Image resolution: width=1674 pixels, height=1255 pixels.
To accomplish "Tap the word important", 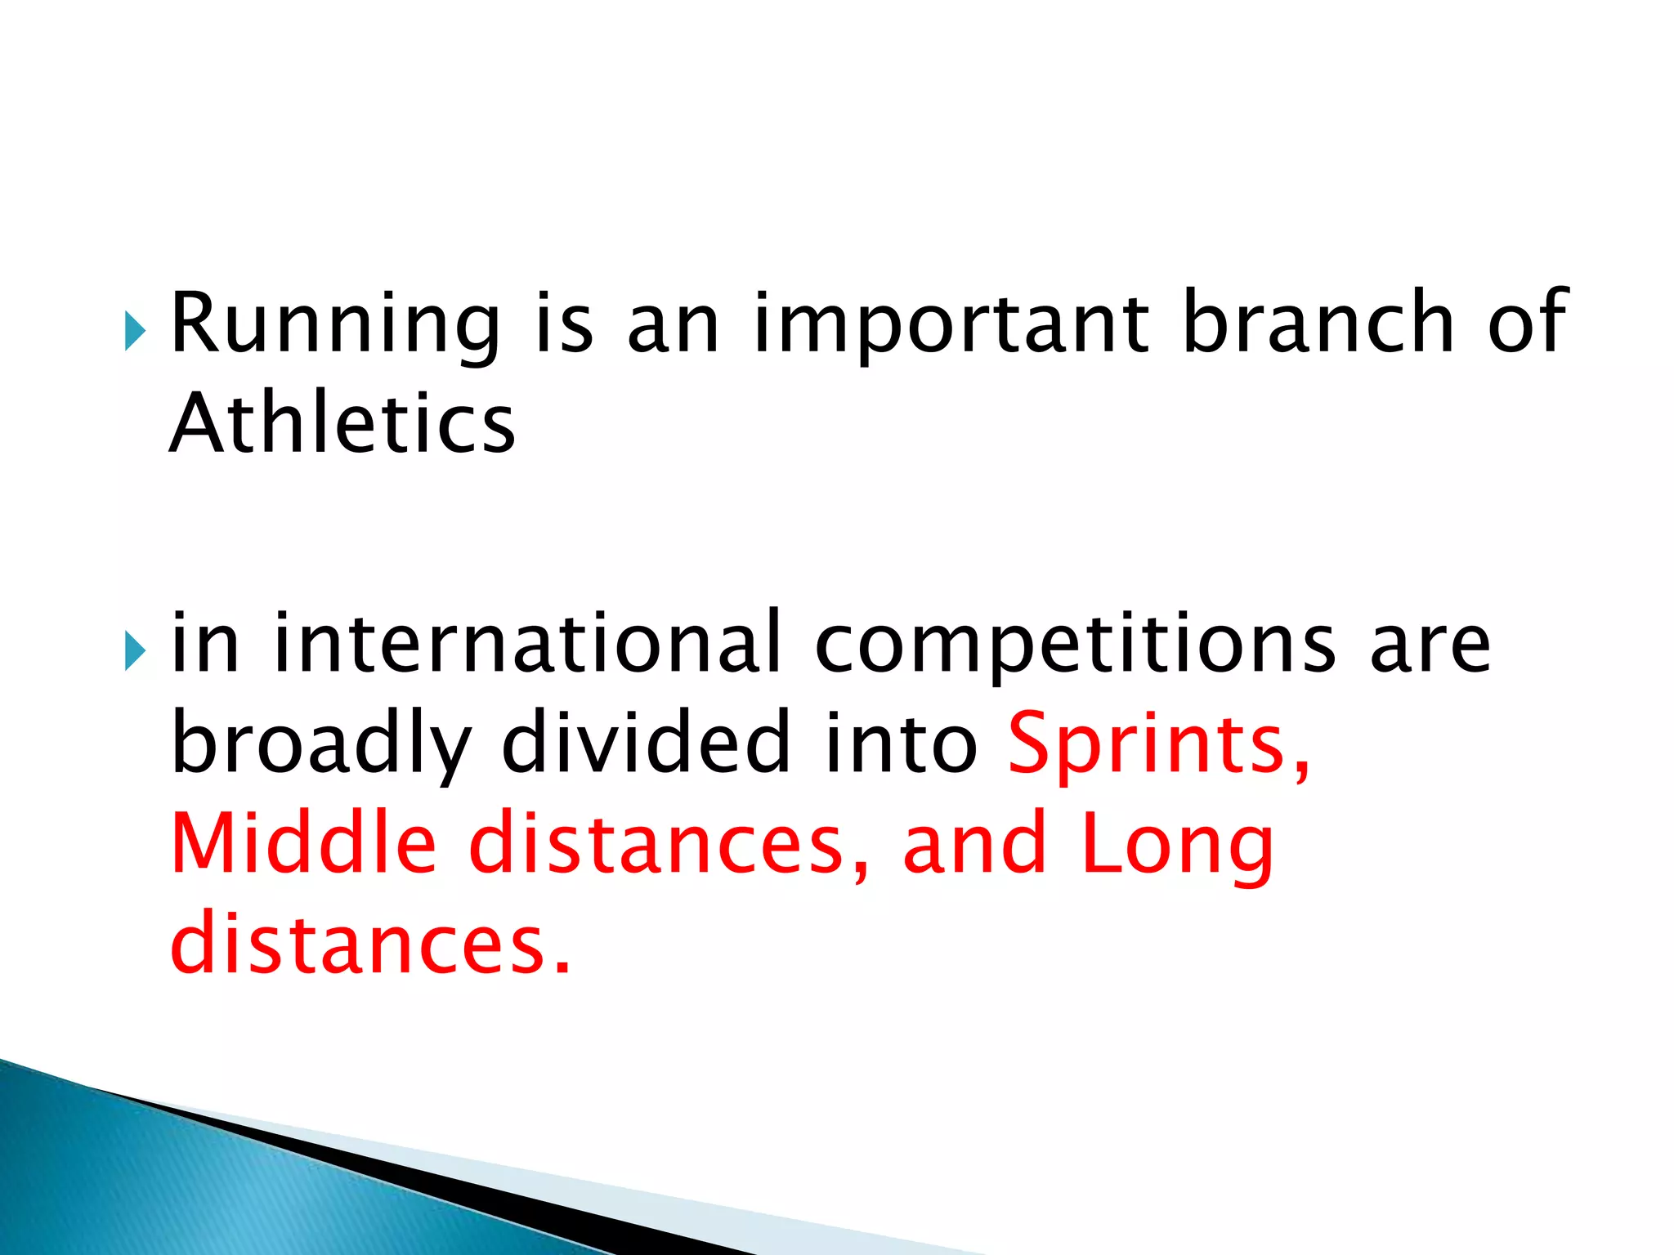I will [951, 324].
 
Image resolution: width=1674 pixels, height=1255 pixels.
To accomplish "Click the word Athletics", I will [342, 424].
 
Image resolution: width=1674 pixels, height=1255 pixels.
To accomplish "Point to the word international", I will [527, 643].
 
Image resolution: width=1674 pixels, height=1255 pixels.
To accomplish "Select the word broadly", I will [321, 744].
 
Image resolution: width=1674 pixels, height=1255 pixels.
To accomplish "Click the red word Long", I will [1177, 846].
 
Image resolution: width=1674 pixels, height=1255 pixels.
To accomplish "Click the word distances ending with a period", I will [368, 944].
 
